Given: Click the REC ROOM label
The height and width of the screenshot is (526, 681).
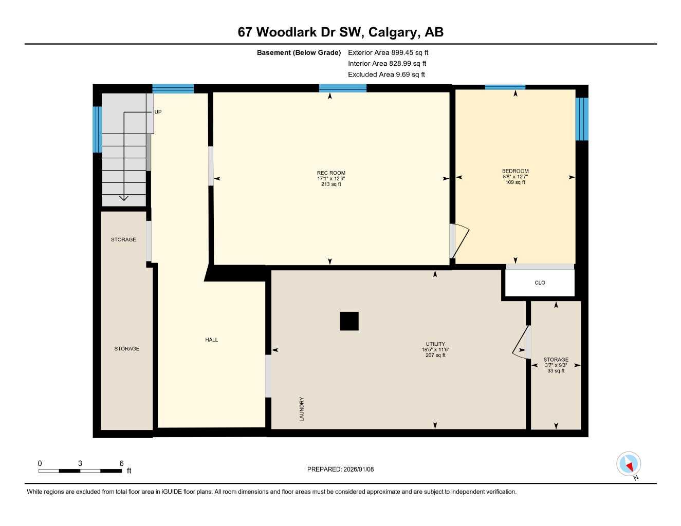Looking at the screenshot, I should point(331,173).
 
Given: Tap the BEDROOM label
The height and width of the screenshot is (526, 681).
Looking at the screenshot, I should point(515,171).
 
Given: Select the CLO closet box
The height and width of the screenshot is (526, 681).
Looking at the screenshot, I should point(540,283).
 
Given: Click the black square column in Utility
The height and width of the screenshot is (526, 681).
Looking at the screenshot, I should point(349,321).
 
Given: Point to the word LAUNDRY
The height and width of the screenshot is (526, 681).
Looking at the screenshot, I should point(302,409).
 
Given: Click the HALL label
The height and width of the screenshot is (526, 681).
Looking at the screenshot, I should point(211,340).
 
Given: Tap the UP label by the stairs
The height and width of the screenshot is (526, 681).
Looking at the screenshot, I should point(158,112).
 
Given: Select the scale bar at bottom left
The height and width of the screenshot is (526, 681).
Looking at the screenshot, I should point(80,471).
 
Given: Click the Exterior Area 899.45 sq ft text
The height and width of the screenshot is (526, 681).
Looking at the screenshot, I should point(388,52).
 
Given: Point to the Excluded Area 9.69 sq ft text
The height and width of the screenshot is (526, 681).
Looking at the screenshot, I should point(386,74).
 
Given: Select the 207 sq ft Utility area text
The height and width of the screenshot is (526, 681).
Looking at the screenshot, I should point(435,355).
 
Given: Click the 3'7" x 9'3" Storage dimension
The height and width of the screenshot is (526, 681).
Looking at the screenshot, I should point(556,365).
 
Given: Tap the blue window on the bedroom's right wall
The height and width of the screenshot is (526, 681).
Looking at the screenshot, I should point(581,119).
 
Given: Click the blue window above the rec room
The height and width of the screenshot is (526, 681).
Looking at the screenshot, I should point(342,88).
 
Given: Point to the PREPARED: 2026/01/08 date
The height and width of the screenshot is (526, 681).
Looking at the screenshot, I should point(340,469).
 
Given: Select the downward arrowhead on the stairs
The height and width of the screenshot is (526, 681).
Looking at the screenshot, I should point(124,198).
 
